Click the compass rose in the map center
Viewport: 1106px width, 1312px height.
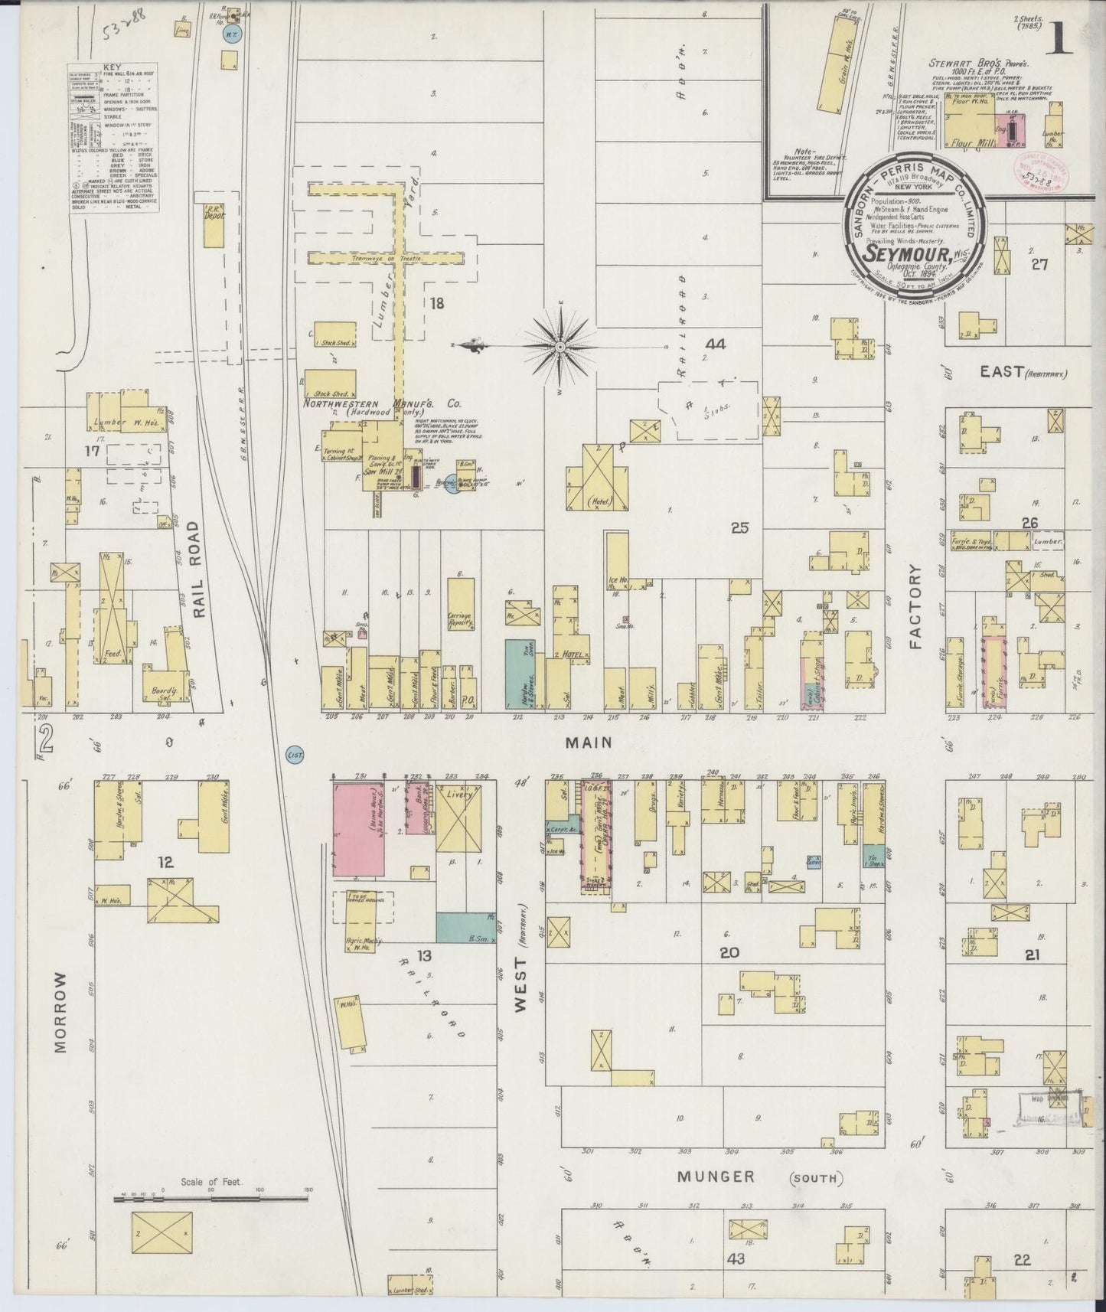point(561,347)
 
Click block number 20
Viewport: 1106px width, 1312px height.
point(729,952)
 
